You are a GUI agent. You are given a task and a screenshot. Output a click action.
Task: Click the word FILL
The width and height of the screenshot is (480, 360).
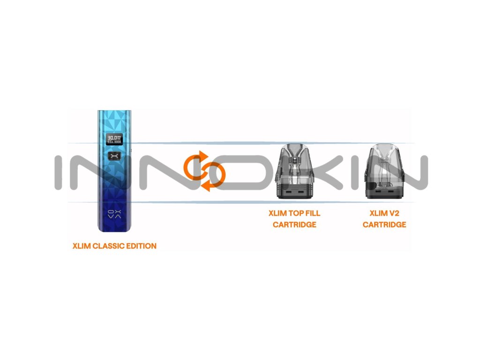[x=313, y=213]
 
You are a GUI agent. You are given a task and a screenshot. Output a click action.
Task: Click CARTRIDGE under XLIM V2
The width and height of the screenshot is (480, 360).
[x=384, y=225]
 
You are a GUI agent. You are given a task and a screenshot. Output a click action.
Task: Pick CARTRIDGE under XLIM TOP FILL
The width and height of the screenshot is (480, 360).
[x=294, y=225]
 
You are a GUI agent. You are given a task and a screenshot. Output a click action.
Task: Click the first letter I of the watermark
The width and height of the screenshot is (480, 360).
[x=60, y=172]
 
